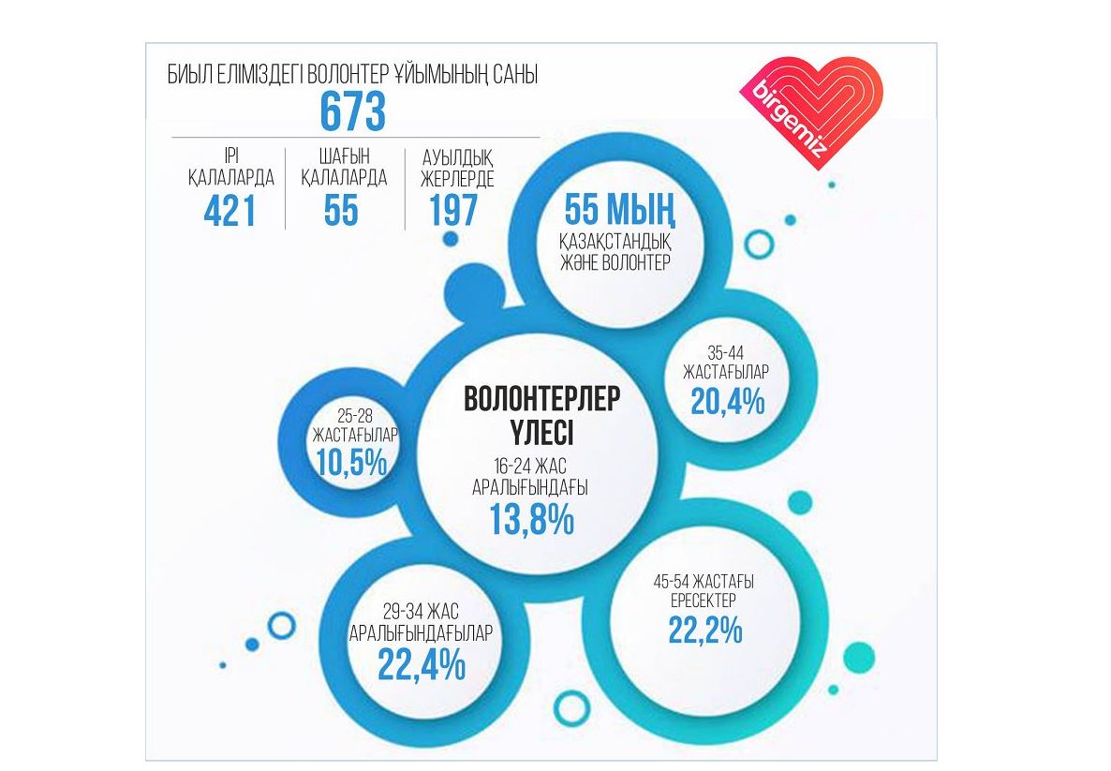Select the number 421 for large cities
(230, 211)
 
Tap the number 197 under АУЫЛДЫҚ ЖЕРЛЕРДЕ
(453, 211)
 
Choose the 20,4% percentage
(728, 402)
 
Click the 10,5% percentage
(351, 462)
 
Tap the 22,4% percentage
(422, 664)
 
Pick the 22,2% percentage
(705, 630)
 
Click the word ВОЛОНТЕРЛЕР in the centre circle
(541, 399)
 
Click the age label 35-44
(727, 354)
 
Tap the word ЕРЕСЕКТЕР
(704, 600)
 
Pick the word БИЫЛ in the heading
(187, 76)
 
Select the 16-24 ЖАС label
(530, 467)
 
